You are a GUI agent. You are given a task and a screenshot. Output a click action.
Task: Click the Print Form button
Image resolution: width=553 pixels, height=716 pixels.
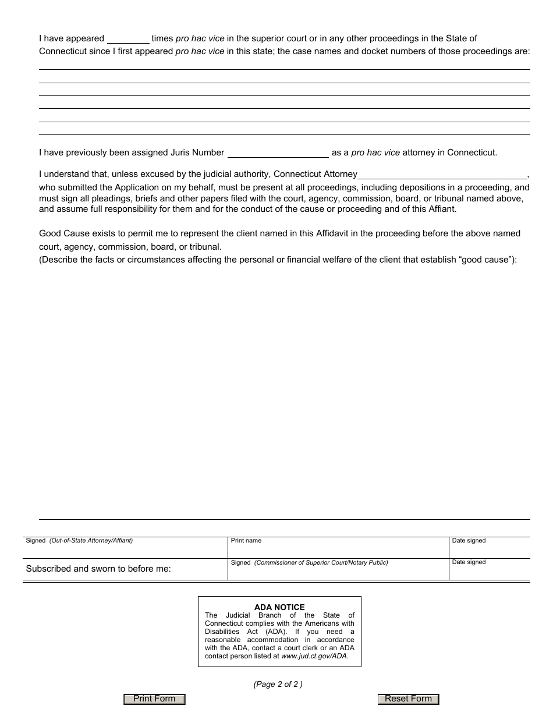[154, 699]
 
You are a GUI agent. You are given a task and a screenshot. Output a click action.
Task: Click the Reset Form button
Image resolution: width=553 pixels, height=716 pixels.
[408, 699]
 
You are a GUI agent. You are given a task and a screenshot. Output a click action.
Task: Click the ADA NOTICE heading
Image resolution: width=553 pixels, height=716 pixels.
[279, 607]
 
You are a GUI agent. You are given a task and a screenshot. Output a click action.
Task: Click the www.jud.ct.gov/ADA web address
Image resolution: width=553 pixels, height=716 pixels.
[314, 656]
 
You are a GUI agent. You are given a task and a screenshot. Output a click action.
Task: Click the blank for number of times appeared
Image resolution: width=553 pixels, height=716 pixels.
[128, 39]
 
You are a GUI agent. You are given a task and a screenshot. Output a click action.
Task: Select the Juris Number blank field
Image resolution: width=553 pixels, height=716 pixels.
[278, 153]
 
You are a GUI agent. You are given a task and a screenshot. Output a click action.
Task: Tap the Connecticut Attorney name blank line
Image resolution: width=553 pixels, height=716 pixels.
[442, 175]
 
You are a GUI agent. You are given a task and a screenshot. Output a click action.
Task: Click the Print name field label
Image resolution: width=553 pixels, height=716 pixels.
[246, 541]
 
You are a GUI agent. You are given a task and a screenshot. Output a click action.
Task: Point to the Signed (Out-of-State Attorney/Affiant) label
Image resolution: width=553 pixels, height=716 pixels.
[79, 541]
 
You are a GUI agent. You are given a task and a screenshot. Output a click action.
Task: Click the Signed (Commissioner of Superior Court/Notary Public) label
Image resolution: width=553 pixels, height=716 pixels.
[309, 563]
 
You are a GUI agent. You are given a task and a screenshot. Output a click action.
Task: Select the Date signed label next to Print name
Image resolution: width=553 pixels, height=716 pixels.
[469, 541]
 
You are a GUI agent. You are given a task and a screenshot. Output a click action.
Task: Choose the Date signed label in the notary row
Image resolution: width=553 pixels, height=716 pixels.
[469, 562]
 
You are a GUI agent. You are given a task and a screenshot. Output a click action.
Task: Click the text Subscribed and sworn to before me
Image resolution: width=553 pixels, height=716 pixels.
[98, 569]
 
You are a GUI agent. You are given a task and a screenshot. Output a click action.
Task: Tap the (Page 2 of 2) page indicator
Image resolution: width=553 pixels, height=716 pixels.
[278, 685]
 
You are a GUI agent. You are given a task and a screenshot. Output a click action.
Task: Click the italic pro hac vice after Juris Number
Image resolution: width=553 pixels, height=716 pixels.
[375, 153]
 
